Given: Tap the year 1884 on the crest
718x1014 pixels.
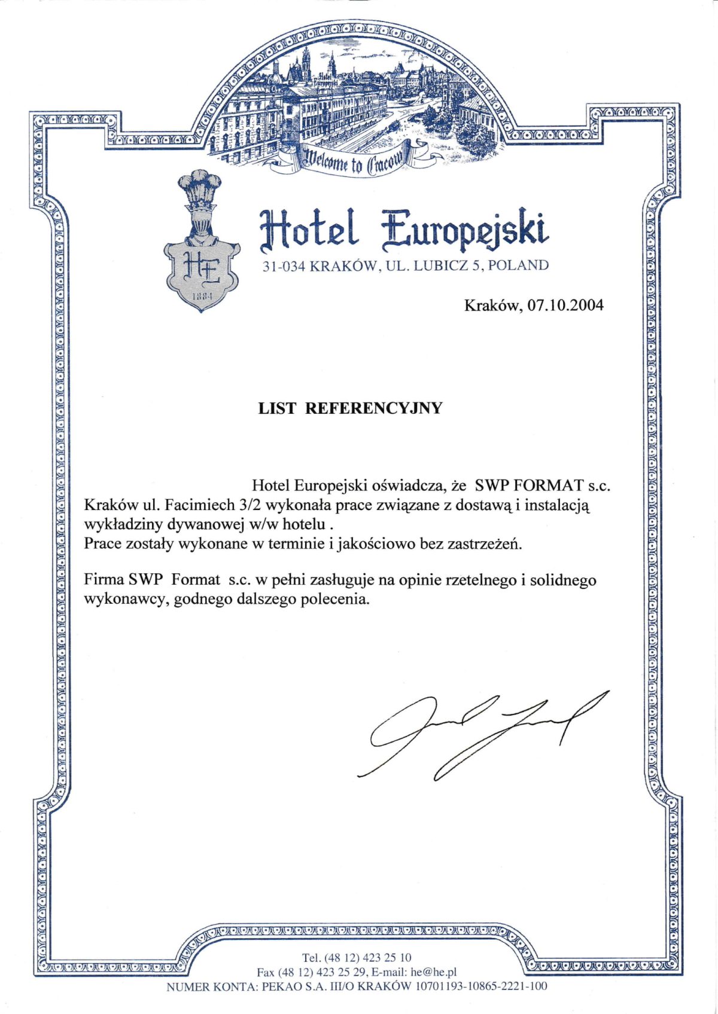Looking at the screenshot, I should pos(200,296).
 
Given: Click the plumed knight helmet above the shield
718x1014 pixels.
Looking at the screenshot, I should pos(200,209).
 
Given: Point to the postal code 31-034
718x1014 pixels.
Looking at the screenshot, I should pos(284,266).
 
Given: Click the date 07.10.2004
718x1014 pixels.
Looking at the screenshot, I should pos(566,306).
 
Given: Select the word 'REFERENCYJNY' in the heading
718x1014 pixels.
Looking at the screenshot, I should pos(374,408).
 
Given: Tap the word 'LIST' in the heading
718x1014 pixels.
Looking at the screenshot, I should pos(276,408).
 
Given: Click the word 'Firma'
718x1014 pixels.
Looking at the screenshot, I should pos(104,580).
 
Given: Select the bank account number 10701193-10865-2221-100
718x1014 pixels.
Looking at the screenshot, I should pos(481,986).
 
